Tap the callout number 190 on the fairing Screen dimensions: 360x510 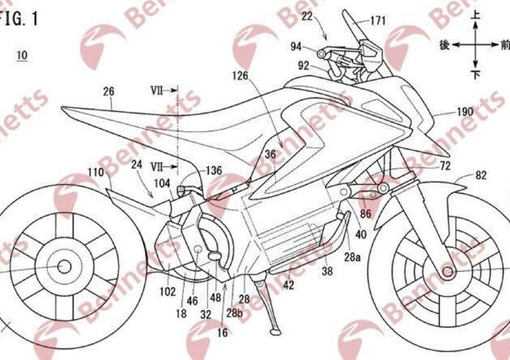tap(466, 112)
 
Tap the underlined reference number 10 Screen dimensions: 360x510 tap(21, 54)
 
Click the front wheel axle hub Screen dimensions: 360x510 tap(448, 272)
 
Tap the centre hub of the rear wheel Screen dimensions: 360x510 tap(64, 265)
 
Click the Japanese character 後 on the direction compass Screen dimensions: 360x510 tap(445, 44)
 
